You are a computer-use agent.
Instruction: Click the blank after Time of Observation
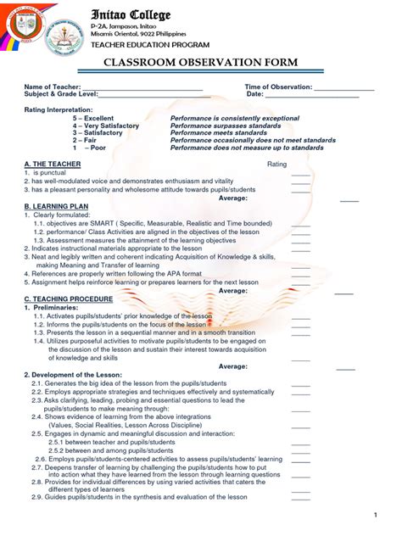click(x=343, y=88)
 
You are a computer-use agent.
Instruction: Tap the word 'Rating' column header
click(x=277, y=163)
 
